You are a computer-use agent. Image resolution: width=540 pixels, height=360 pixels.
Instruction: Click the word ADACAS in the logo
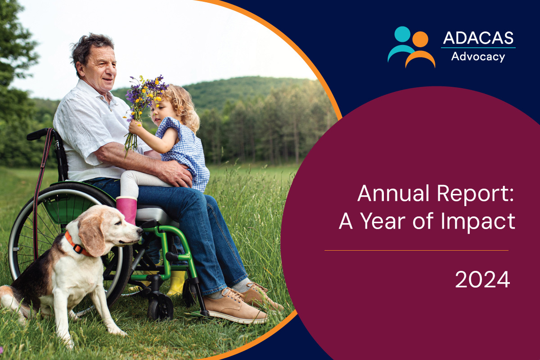pyautogui.click(x=478, y=38)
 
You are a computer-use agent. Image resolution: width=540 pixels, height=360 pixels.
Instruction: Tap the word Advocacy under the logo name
pyautogui.click(x=478, y=57)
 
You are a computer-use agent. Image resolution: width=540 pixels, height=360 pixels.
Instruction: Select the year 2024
pyautogui.click(x=482, y=279)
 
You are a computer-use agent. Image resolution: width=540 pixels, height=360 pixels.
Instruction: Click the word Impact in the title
pyautogui.click(x=478, y=221)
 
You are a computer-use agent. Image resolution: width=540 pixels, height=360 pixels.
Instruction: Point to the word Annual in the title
pyautogui.click(x=393, y=193)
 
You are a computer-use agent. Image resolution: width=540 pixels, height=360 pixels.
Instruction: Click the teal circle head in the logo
pyautogui.click(x=402, y=34)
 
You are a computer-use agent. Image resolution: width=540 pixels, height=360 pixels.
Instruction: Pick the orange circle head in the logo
pyautogui.click(x=420, y=39)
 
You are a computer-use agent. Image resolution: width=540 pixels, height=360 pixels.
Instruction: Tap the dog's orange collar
pyautogui.click(x=76, y=245)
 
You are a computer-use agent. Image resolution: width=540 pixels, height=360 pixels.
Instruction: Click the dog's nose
pyautogui.click(x=139, y=231)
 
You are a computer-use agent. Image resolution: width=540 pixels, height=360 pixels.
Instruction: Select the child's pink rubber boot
pyautogui.click(x=126, y=210)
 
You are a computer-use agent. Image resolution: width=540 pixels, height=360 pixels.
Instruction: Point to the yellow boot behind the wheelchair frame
pyautogui.click(x=176, y=283)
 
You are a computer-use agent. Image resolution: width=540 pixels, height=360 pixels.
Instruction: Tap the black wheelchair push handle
pyautogui.click(x=38, y=134)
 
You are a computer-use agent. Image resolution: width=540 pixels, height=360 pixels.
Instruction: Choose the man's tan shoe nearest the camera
pyautogui.click(x=235, y=306)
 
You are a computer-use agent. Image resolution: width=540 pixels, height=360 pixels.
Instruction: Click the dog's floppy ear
pyautogui.click(x=92, y=234)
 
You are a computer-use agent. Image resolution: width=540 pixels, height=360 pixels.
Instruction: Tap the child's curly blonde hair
pyautogui.click(x=182, y=106)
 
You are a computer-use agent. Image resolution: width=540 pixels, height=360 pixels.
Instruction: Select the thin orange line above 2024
pyautogui.click(x=416, y=251)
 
